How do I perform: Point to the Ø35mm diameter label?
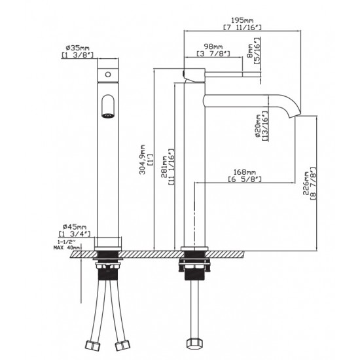pos(77,48)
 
